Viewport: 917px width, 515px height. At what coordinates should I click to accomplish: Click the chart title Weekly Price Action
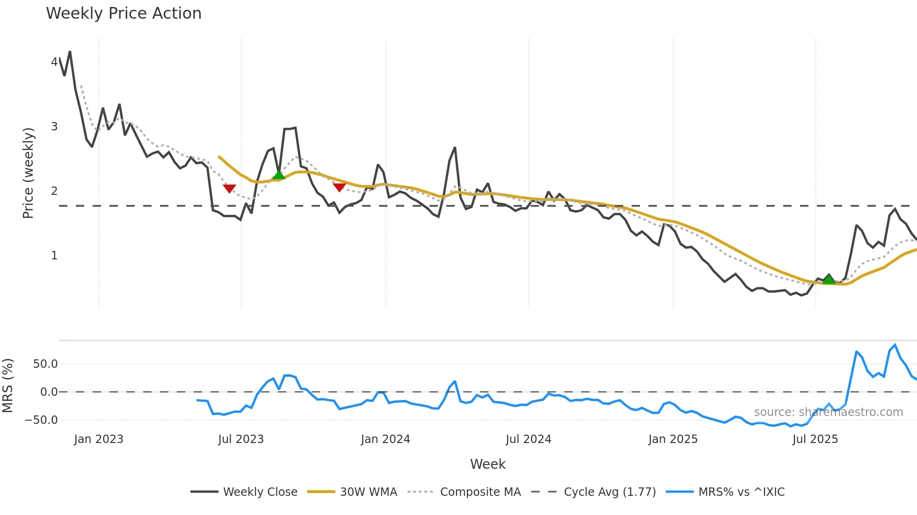coord(124,14)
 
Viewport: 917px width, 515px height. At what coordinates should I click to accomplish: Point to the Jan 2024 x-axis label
coord(386,439)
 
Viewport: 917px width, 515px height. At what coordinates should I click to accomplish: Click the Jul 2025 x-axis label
coord(815,439)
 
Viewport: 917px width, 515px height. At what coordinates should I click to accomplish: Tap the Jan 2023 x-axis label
coord(99,439)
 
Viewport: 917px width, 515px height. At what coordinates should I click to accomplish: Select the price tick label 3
coord(54,127)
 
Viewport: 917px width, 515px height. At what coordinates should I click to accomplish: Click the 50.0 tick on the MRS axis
coord(45,364)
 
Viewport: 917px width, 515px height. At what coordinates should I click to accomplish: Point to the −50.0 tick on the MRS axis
coord(41,420)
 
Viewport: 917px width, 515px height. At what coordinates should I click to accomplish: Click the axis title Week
coord(488,464)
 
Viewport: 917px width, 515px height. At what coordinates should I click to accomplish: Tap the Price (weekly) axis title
coord(28,173)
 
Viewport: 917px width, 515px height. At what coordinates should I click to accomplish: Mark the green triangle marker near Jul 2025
coord(829,279)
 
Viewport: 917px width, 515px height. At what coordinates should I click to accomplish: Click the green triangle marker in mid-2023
coord(279,175)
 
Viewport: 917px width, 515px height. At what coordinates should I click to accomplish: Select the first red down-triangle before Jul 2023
coord(229,188)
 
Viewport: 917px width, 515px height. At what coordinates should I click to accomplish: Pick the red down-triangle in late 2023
coord(339,187)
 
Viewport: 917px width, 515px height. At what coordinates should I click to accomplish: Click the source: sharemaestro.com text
coord(828,412)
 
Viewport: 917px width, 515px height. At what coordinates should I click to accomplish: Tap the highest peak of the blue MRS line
coord(895,345)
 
